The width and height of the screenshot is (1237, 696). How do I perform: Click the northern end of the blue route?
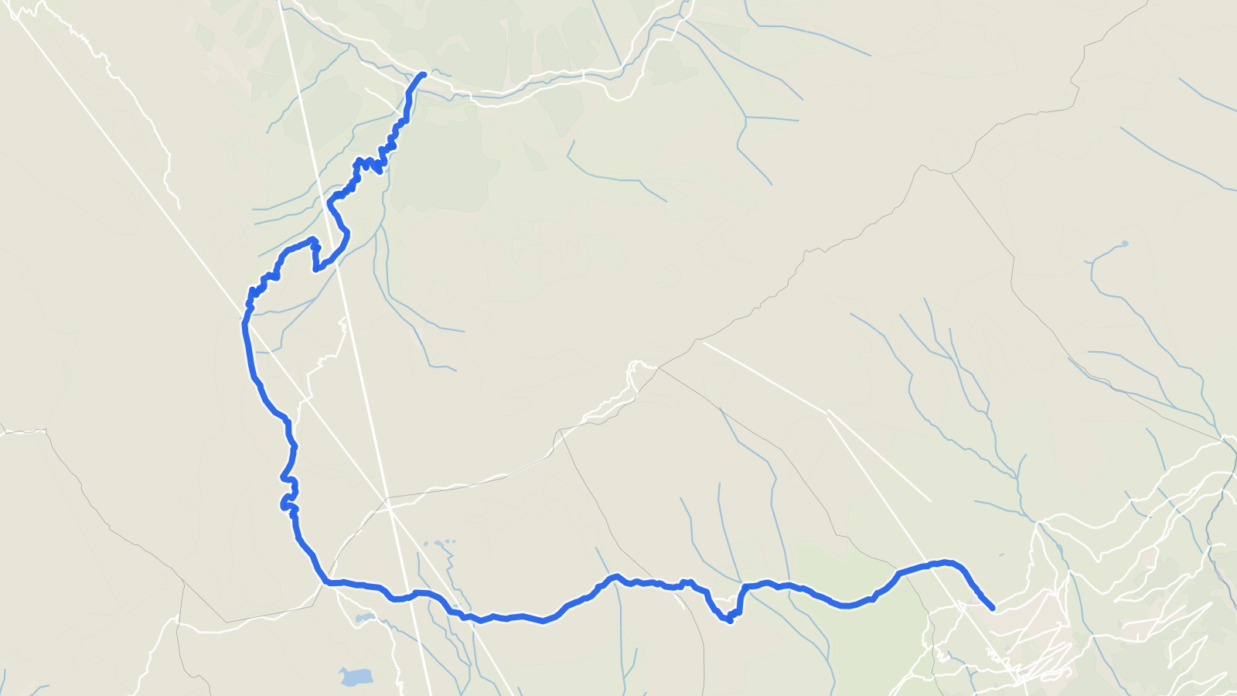click(423, 74)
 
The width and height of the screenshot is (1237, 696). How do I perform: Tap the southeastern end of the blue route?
click(993, 609)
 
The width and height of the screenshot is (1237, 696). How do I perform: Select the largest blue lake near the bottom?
click(356, 677)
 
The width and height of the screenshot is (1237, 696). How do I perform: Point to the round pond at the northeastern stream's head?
click(1123, 244)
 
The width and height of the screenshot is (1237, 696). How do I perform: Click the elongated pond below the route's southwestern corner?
click(364, 618)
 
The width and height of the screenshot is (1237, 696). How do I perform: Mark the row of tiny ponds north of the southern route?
click(440, 543)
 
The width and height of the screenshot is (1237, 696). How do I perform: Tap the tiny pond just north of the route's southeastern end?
click(1001, 554)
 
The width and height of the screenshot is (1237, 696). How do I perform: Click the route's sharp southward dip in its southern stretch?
click(729, 619)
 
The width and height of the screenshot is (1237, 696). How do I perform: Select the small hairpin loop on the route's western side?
click(287, 503)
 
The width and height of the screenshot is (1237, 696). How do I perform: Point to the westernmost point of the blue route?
click(244, 325)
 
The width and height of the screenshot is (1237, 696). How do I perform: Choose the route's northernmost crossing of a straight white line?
click(338, 250)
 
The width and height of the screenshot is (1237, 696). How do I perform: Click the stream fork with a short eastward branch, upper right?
click(746, 118)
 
